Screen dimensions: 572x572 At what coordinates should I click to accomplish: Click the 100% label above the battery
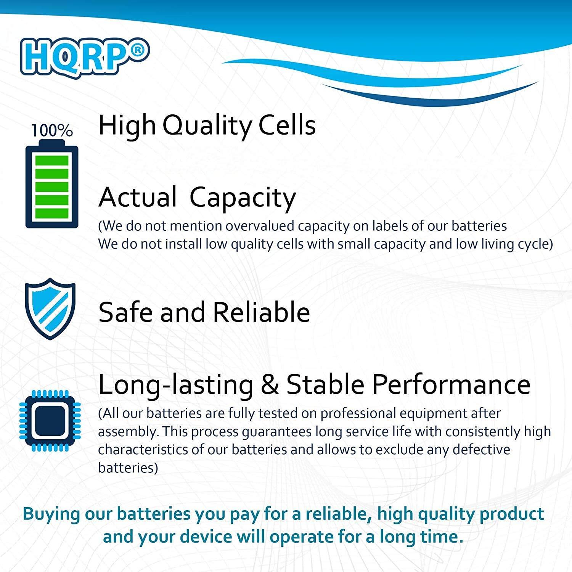(x=52, y=131)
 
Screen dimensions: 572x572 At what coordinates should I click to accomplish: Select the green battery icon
(x=52, y=186)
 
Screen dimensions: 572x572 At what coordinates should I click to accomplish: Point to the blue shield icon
(x=50, y=308)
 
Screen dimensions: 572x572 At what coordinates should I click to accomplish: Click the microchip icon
(x=50, y=421)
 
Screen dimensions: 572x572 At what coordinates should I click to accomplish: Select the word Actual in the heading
(x=138, y=197)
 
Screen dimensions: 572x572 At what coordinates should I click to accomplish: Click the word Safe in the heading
(x=125, y=312)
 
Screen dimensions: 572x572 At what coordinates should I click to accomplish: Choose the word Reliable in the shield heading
(x=261, y=312)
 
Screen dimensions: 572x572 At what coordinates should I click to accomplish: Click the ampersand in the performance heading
(x=270, y=384)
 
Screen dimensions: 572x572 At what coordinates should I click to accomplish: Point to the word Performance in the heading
(x=408, y=384)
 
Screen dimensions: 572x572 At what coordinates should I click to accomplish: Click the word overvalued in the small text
(x=260, y=226)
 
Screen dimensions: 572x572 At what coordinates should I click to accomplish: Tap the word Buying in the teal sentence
(x=51, y=514)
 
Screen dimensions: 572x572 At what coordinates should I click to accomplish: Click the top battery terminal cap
(x=52, y=143)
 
